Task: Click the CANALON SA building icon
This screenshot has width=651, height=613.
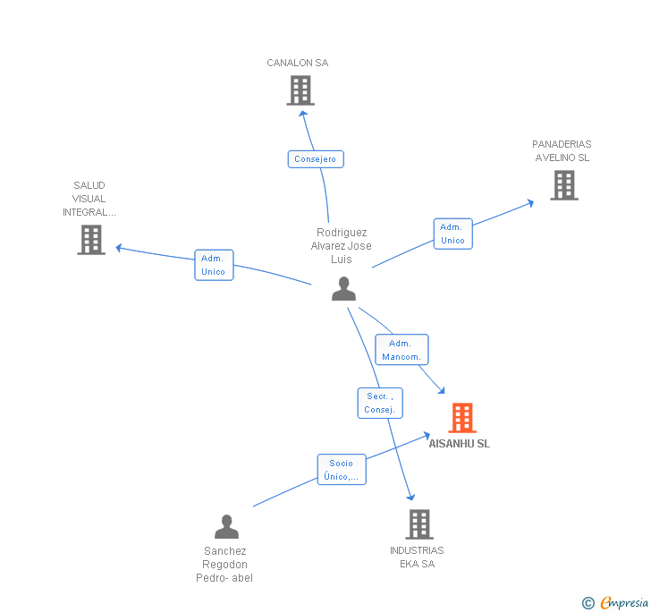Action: click(300, 90)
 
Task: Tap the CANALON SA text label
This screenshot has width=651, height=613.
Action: click(298, 63)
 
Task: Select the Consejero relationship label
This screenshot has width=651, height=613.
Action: click(316, 159)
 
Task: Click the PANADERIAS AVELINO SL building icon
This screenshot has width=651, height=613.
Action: click(563, 185)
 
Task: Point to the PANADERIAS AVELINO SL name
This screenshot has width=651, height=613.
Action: click(562, 151)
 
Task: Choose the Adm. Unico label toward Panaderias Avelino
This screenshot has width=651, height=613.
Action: click(452, 234)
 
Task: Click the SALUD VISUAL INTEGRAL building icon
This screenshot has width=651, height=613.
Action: click(91, 240)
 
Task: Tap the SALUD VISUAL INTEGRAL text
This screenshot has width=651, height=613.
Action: click(89, 199)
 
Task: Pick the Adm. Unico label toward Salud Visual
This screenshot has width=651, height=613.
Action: click(214, 265)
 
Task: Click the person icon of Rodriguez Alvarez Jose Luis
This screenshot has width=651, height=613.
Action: click(343, 289)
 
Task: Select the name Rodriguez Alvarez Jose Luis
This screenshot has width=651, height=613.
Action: click(341, 246)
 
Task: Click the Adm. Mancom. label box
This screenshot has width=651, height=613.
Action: click(402, 350)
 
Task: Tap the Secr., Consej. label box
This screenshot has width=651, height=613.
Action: click(380, 403)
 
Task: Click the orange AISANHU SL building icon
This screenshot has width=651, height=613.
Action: click(461, 418)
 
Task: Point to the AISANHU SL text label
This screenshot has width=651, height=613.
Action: click(460, 444)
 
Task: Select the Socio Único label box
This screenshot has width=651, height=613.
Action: click(342, 470)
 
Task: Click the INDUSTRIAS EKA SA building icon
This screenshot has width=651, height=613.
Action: click(418, 524)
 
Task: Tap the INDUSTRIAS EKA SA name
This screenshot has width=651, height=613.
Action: click(417, 558)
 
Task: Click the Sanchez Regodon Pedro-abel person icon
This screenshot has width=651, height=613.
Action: click(226, 527)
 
